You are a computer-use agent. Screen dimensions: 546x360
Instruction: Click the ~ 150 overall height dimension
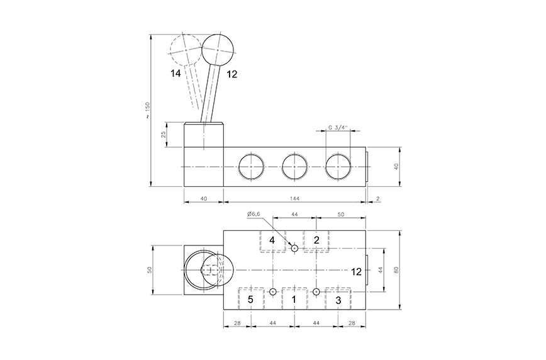pyautogui.click(x=148, y=111)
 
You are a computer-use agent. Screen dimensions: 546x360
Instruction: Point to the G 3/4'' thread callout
pyautogui.click(x=338, y=128)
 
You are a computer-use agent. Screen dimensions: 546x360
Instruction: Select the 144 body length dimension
pyautogui.click(x=294, y=199)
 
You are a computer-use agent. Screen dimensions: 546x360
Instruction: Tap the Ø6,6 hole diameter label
pyautogui.click(x=253, y=214)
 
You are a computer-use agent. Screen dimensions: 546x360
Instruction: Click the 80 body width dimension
pyautogui.click(x=396, y=269)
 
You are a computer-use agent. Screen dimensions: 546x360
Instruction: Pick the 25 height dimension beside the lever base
pyautogui.click(x=164, y=134)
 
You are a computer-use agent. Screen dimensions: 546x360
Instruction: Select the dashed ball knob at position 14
pyautogui.click(x=186, y=50)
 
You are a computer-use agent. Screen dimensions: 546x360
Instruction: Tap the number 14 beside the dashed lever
pyautogui.click(x=175, y=74)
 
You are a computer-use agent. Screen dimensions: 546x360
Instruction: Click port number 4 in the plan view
pyautogui.click(x=272, y=240)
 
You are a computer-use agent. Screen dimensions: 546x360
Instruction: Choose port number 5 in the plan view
pyautogui.click(x=250, y=300)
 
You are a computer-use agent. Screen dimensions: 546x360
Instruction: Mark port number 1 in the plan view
pyautogui.click(x=294, y=300)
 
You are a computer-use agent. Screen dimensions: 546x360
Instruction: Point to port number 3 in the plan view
pyautogui.click(x=338, y=300)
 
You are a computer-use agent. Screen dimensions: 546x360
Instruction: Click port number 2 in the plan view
pyautogui.click(x=316, y=240)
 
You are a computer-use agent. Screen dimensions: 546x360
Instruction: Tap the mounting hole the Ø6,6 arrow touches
pyautogui.click(x=294, y=248)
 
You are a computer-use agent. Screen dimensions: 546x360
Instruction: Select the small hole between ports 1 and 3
pyautogui.click(x=316, y=291)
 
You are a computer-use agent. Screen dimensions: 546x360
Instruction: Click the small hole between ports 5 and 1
pyautogui.click(x=272, y=291)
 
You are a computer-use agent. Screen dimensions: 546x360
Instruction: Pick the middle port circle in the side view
pyautogui.click(x=294, y=167)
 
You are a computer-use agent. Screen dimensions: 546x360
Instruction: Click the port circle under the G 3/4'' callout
pyautogui.click(x=338, y=167)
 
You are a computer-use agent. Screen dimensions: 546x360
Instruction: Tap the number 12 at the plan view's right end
pyautogui.click(x=356, y=272)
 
